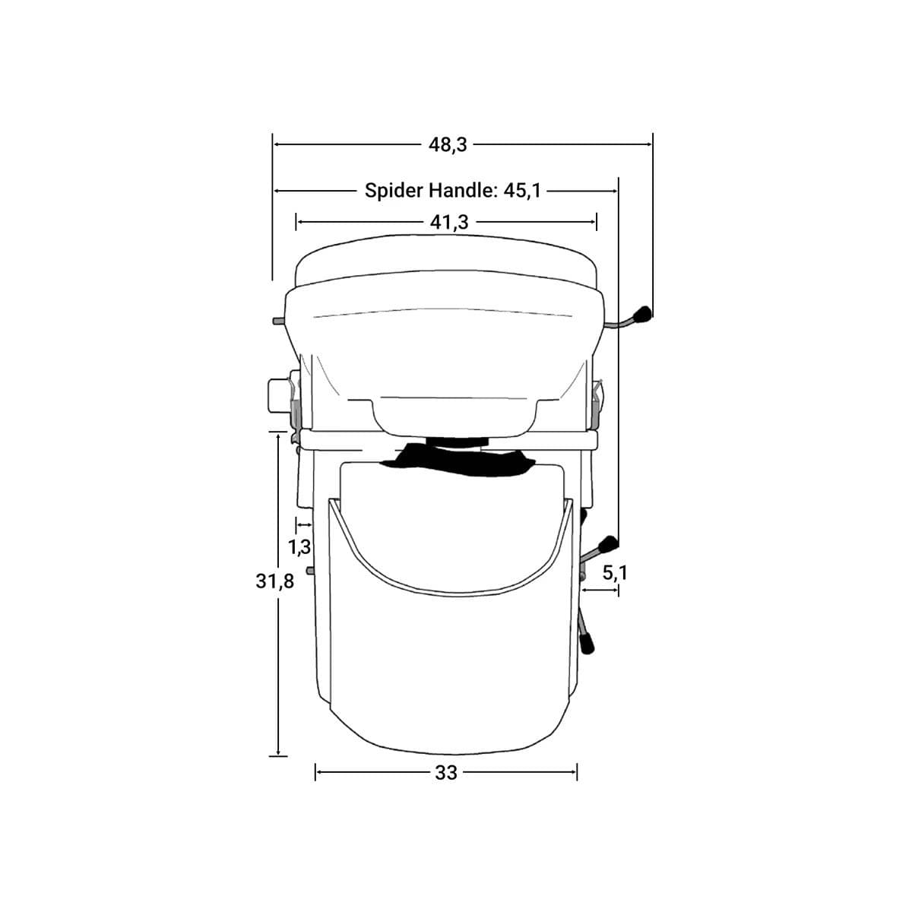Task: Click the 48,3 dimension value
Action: [447, 145]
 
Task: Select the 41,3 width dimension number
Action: [448, 222]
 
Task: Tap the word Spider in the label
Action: [394, 191]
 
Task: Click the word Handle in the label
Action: [462, 191]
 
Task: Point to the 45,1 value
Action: [521, 192]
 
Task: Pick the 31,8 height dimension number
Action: [274, 581]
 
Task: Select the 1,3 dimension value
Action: [299, 547]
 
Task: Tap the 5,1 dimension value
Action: [615, 573]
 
